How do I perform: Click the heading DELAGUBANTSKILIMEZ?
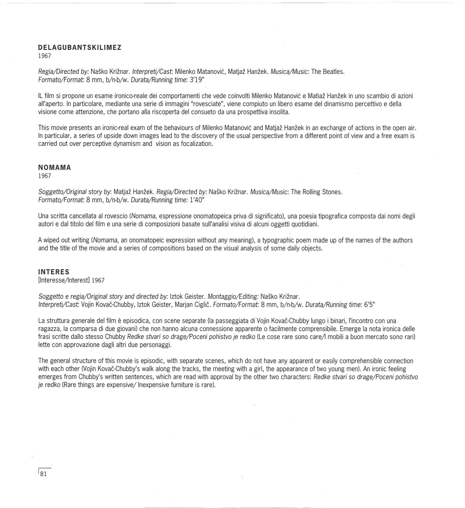point(79,48)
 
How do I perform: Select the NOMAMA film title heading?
point(55,168)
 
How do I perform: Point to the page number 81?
point(43,474)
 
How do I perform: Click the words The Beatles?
point(328,72)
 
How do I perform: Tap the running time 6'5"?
point(369,305)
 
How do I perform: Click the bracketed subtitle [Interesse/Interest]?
point(64,280)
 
